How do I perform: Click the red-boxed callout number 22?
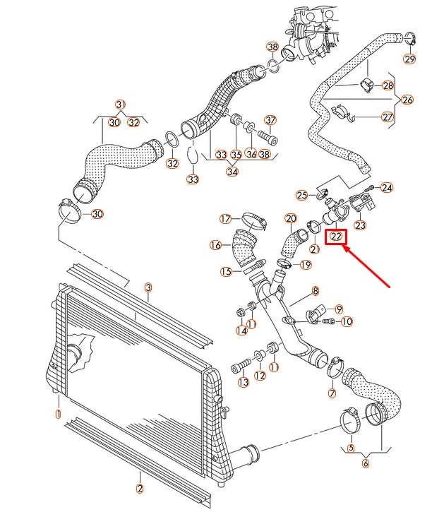pyautogui.click(x=337, y=237)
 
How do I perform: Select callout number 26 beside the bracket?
pyautogui.click(x=407, y=100)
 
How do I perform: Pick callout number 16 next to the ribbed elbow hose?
pyautogui.click(x=215, y=245)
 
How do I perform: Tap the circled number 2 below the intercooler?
pyautogui.click(x=139, y=487)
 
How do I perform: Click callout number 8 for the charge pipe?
pyautogui.click(x=316, y=290)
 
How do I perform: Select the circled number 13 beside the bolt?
pyautogui.click(x=244, y=382)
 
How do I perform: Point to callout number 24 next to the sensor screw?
pyautogui.click(x=386, y=188)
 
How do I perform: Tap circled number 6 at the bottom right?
pyautogui.click(x=366, y=463)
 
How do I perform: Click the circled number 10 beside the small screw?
pyautogui.click(x=347, y=322)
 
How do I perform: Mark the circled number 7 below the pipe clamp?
pyautogui.click(x=332, y=393)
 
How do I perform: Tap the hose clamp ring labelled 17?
pyautogui.click(x=251, y=221)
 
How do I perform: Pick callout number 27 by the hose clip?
pyautogui.click(x=387, y=117)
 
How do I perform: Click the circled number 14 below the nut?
pyautogui.click(x=241, y=331)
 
